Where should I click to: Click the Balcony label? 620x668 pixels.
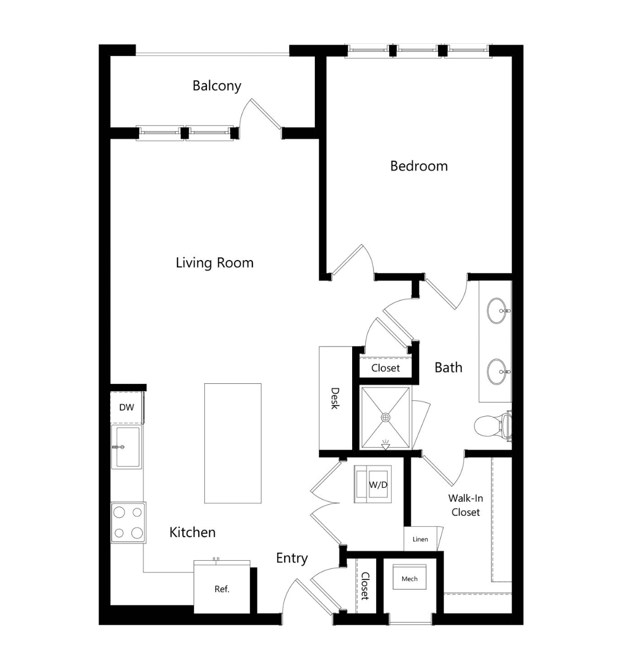point(217,86)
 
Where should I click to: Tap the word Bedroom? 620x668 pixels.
point(418,166)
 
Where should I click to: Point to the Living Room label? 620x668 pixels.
point(214,263)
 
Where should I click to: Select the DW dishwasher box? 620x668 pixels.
point(127,407)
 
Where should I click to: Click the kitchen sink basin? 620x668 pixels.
point(128,447)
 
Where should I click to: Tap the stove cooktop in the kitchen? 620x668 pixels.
point(128,522)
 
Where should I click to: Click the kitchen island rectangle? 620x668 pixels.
point(233,444)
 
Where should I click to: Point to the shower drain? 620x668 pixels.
point(386,417)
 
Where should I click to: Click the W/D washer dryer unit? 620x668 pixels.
point(372,485)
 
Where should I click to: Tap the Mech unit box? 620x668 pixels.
point(410,578)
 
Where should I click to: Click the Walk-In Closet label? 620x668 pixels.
point(466,505)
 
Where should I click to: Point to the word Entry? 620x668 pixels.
point(292,558)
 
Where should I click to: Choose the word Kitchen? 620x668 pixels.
point(192,532)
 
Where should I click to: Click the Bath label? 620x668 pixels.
point(449,367)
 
